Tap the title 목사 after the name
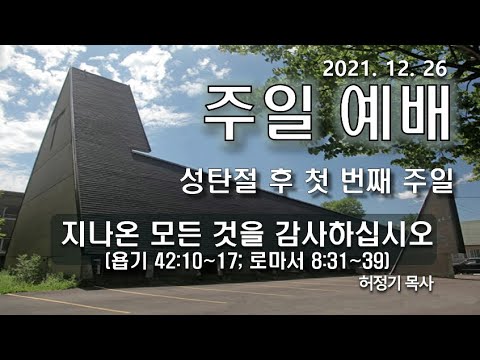coord(425,283)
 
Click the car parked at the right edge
coord(468,264)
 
